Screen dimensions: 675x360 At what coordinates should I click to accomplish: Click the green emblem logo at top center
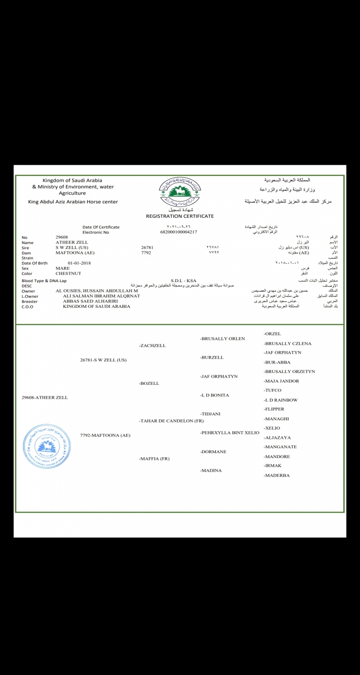[x=180, y=192]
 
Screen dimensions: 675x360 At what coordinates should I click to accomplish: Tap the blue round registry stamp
[x=47, y=446]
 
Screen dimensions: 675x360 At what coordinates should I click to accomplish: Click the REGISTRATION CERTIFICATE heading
[x=180, y=216]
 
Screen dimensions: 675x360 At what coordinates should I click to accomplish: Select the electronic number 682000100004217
[x=179, y=232]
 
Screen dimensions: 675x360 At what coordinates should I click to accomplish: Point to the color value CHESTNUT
[x=68, y=273]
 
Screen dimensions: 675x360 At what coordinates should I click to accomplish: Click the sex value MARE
[x=63, y=268]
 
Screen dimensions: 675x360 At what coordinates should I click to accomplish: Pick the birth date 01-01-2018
[x=80, y=263]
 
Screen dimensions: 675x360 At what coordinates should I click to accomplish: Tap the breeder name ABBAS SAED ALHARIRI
[x=90, y=301]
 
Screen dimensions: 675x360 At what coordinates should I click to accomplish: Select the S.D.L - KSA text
[x=184, y=280]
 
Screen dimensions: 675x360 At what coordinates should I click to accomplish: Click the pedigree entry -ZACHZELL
[x=153, y=346]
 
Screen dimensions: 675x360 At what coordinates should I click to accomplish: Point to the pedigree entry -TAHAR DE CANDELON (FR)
[x=171, y=421]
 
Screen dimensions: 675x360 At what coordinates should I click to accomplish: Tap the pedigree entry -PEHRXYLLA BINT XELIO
[x=230, y=432]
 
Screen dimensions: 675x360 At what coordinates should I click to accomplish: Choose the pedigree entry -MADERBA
[x=277, y=475]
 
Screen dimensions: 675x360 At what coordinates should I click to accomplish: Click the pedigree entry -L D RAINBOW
[x=281, y=400]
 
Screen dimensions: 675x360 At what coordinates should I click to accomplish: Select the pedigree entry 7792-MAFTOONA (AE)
[x=105, y=435]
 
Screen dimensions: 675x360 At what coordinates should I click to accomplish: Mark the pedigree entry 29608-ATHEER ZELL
[x=45, y=397]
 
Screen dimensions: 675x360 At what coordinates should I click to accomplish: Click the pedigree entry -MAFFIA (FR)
[x=154, y=459]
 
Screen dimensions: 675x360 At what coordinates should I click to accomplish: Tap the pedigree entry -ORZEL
[x=273, y=334]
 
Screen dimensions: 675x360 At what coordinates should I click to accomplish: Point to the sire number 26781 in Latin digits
[x=147, y=247]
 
